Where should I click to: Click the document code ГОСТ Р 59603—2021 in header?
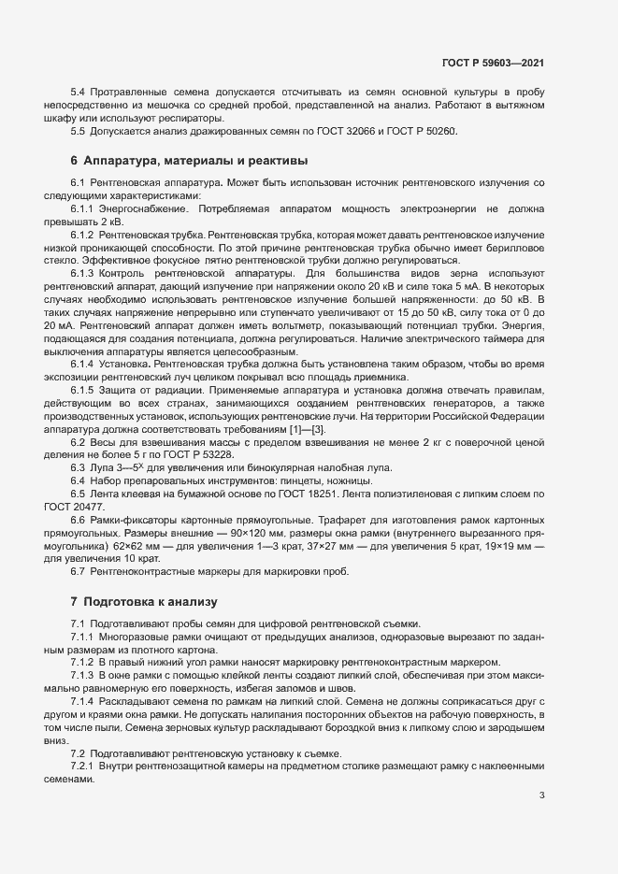(492, 62)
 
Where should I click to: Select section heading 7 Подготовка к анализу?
(143, 601)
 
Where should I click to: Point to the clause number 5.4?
(78, 93)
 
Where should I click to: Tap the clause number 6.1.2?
(81, 233)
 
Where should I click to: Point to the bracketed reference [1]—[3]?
(311, 427)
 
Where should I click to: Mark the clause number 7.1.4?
(81, 700)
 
